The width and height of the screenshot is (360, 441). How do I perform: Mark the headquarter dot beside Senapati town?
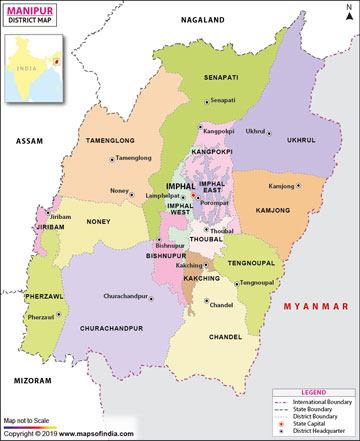point(207,100)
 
